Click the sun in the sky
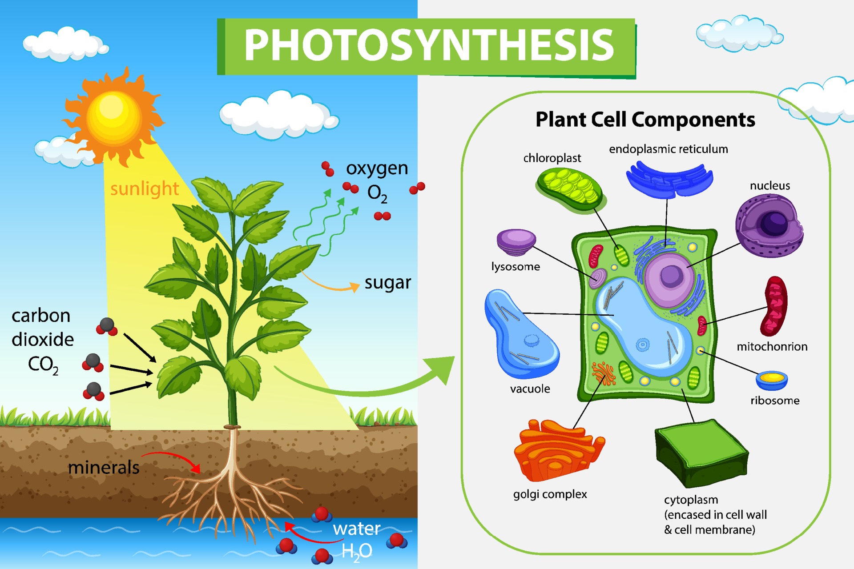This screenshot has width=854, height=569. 113,116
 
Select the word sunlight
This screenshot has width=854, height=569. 144,188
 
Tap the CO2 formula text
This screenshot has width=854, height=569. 43,365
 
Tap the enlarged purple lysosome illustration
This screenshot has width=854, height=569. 516,241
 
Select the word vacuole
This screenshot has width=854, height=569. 530,389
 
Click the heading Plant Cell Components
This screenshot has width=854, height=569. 645,120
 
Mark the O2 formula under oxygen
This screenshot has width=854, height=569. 377,194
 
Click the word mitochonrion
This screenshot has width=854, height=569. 772,347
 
